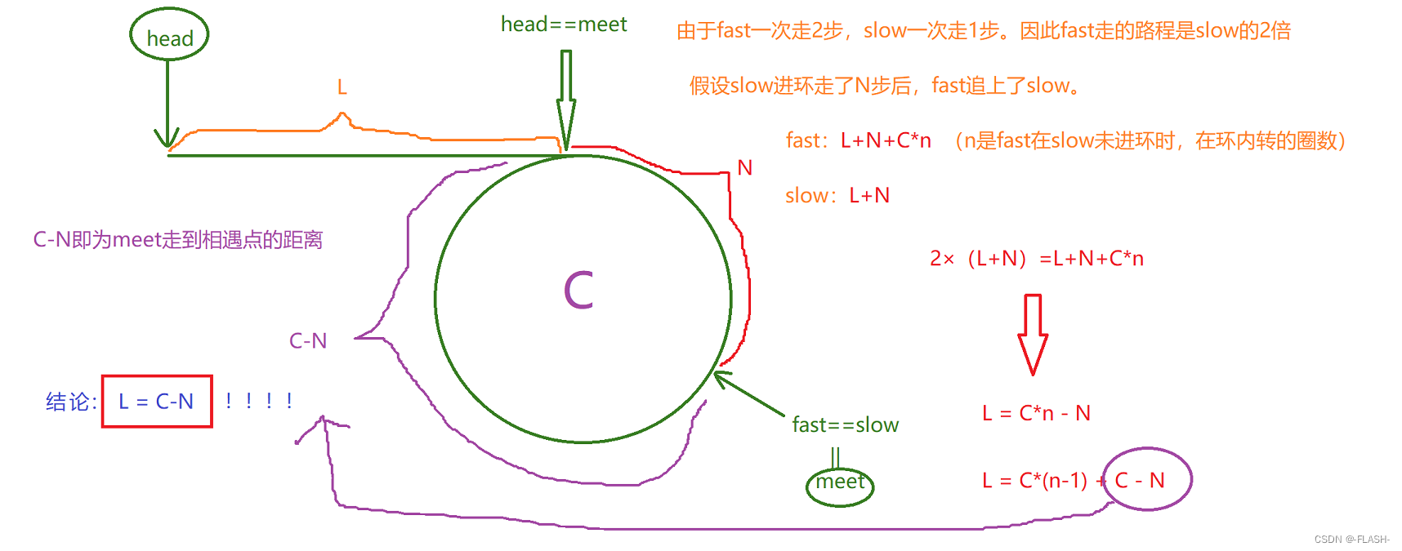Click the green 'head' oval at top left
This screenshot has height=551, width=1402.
point(169,35)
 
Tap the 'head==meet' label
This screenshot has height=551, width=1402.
point(564,24)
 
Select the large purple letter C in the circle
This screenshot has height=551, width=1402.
point(578,291)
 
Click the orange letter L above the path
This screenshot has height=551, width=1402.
point(342,87)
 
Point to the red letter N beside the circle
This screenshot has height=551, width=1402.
point(744,168)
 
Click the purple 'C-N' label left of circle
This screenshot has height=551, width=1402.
point(308,341)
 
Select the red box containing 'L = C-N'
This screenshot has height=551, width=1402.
point(157,401)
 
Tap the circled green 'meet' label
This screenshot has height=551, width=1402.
point(840,484)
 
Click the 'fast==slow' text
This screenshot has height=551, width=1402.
point(845,425)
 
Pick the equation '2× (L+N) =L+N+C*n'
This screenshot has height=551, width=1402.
point(1036,259)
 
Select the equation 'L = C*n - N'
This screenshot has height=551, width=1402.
point(1036,413)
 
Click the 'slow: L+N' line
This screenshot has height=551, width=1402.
point(837,196)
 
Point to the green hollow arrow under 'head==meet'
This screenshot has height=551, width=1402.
point(565,98)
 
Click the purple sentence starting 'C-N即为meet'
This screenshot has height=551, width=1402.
point(178,240)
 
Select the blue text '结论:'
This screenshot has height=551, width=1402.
point(71,402)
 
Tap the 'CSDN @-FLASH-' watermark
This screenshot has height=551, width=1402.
point(1351,540)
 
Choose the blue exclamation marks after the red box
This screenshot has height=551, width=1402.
point(259,401)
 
